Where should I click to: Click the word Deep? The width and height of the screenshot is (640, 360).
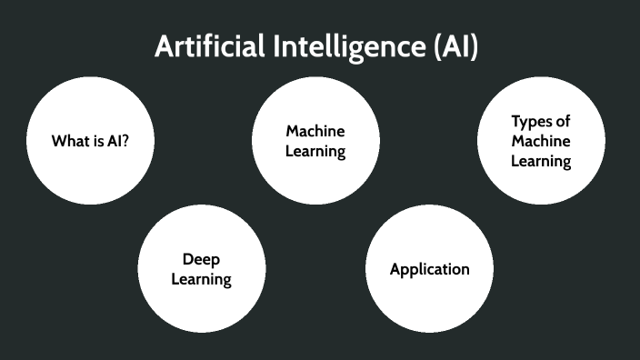202,259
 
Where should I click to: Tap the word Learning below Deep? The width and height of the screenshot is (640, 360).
202,279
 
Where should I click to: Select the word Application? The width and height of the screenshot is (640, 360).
429,269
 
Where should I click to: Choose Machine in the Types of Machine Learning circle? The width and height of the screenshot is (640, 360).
540,141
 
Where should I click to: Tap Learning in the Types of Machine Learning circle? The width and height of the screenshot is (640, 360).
540,161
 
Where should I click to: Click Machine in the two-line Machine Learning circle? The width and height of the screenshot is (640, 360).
315,131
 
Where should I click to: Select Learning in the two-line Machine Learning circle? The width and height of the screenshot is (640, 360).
315,151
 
